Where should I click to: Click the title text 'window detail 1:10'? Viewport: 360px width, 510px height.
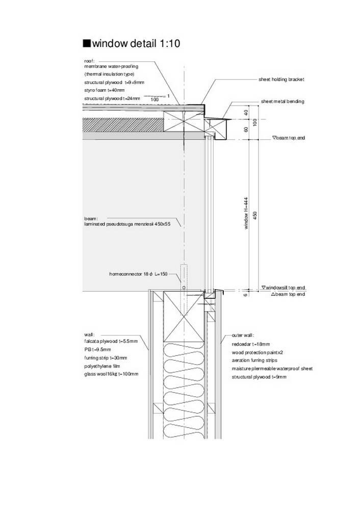point(136,43)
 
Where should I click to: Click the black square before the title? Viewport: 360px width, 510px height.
point(87,43)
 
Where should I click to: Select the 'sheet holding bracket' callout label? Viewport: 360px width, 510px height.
point(281,80)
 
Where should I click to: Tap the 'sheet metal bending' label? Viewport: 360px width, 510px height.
point(282,101)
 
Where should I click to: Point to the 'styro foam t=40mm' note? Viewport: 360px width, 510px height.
point(105,90)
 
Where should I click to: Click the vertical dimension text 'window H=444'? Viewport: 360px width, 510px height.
point(246,213)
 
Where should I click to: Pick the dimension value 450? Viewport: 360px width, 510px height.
point(255,215)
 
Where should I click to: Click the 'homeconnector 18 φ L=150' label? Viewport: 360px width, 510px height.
point(138,274)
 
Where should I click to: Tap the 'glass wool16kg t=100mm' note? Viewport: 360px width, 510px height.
point(111,374)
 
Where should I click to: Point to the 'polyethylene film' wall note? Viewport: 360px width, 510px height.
point(102,366)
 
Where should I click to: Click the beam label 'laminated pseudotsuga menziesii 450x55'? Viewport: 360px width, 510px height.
point(127,224)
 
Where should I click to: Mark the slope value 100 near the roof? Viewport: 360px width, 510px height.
point(155,99)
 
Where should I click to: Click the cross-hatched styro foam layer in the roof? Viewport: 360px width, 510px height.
point(123,125)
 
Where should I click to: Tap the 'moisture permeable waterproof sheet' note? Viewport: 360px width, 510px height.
point(272,369)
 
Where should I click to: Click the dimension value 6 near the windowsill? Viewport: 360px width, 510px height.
point(246,295)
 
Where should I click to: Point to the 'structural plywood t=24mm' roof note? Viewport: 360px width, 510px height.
point(112,98)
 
